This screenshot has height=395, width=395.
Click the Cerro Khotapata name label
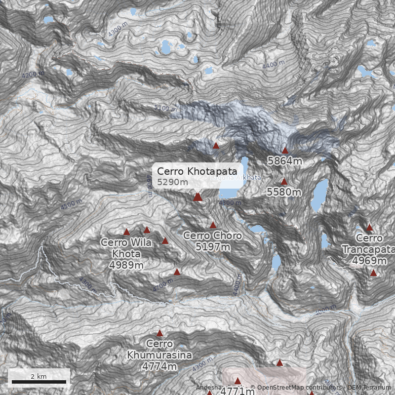pyautogui.click(x=197, y=171)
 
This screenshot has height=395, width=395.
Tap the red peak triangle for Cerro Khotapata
pyautogui.click(x=197, y=197)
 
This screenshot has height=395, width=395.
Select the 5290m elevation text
pyautogui.click(x=172, y=182)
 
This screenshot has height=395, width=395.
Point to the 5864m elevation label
pyautogui.click(x=284, y=161)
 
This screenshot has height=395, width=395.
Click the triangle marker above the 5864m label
pyautogui.click(x=285, y=150)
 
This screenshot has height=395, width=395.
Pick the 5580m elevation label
pyautogui.click(x=284, y=192)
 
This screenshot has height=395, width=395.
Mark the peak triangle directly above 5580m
pyautogui.click(x=284, y=181)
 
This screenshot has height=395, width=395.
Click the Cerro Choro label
pyautogui.click(x=212, y=236)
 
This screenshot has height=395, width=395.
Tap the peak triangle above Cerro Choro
pyautogui.click(x=213, y=225)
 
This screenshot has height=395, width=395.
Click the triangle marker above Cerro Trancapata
pyautogui.click(x=369, y=228)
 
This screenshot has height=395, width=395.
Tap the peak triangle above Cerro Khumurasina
pyautogui.click(x=159, y=333)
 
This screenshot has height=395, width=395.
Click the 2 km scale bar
pyautogui.click(x=39, y=382)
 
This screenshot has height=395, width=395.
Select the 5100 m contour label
pyautogui.click(x=165, y=108)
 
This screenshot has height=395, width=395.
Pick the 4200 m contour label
pyautogui.click(x=33, y=75)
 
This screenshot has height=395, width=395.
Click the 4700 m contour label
pyautogui.click(x=162, y=284)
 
